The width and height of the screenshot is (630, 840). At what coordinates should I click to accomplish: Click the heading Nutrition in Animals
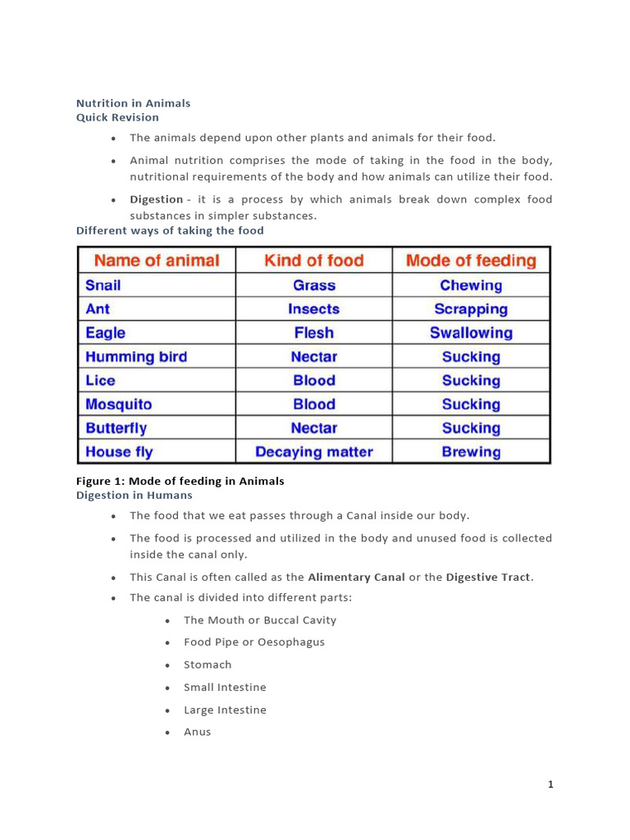[133, 103]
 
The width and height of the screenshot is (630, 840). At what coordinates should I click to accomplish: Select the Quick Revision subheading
[117, 117]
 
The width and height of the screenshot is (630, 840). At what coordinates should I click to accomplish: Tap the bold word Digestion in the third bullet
[156, 199]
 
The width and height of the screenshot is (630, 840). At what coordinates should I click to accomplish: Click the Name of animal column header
[157, 261]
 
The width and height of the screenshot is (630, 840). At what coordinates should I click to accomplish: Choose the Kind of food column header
[313, 261]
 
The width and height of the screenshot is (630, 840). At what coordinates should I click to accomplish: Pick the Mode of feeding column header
[471, 261]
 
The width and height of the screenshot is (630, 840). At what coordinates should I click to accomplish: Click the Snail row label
[103, 285]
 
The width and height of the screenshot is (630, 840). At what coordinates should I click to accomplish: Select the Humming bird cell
[136, 357]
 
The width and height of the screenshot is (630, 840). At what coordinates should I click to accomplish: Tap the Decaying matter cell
[313, 452]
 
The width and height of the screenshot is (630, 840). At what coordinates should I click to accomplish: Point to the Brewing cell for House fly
[471, 452]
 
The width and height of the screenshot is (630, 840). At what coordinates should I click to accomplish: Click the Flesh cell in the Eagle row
[313, 333]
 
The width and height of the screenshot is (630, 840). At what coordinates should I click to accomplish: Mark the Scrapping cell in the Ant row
[471, 309]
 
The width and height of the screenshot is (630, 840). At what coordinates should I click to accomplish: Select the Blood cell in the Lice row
[313, 381]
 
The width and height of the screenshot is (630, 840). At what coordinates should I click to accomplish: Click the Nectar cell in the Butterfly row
[313, 428]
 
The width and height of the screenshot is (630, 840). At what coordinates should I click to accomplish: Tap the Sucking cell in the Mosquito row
[471, 404]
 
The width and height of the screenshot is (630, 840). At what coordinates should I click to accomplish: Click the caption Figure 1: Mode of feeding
[180, 482]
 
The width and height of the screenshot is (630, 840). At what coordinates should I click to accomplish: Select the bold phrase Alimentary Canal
[356, 577]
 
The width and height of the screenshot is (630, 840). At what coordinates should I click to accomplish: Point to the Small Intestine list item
[225, 687]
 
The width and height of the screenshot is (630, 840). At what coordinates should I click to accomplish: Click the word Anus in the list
[197, 732]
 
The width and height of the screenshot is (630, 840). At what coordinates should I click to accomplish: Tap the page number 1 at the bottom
[550, 785]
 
